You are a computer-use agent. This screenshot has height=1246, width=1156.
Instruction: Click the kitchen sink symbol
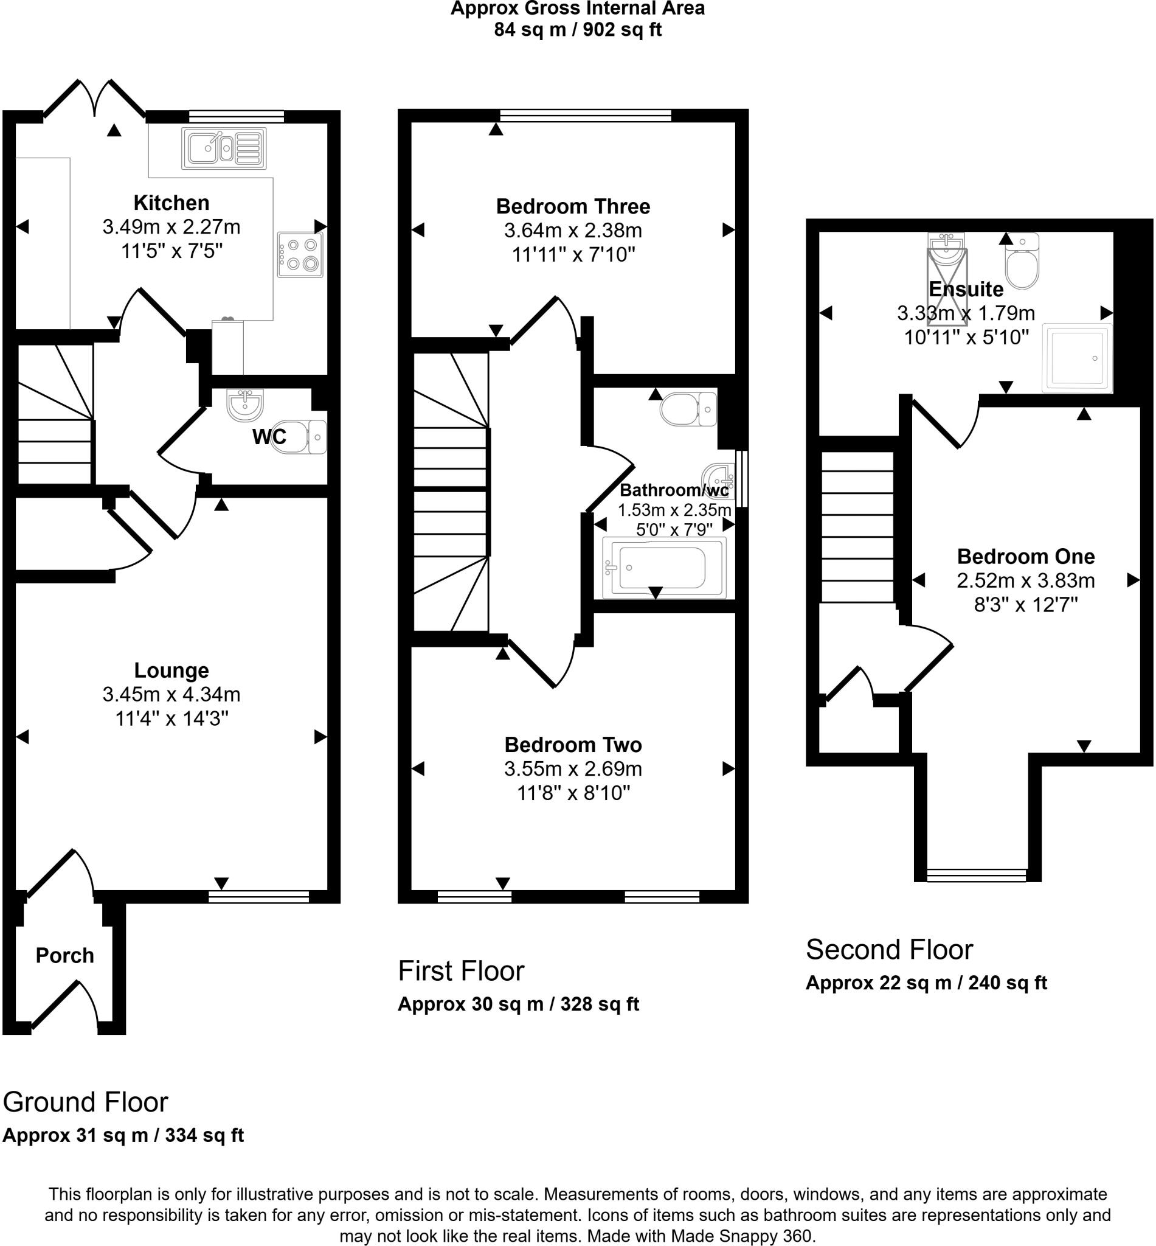(x=223, y=148)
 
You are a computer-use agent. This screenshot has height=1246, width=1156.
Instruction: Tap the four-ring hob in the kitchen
(x=300, y=255)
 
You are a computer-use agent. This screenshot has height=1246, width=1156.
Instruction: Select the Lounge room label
(x=171, y=670)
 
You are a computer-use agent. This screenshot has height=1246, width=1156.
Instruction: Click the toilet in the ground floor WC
(x=300, y=436)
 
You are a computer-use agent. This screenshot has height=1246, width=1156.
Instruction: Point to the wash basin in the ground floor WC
(x=245, y=405)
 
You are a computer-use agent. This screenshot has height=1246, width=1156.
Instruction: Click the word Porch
(x=64, y=956)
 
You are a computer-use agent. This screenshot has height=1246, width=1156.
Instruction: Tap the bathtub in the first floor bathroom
(x=663, y=568)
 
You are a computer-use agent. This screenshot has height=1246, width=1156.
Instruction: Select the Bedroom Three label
(x=573, y=206)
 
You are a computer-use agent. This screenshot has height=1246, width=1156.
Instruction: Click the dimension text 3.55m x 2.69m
(x=573, y=768)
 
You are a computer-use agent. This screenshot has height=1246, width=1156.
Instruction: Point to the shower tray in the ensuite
(x=1076, y=358)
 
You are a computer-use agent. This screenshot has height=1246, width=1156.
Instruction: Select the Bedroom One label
(x=1026, y=556)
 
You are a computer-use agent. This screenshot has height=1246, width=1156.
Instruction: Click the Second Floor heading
(x=889, y=949)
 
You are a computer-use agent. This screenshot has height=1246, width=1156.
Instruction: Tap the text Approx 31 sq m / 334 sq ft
(x=123, y=1135)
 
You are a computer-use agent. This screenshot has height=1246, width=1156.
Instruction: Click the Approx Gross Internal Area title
(x=577, y=9)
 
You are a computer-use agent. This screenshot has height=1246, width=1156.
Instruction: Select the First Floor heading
(x=461, y=970)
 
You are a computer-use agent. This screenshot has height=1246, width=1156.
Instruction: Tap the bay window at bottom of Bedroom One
(x=977, y=874)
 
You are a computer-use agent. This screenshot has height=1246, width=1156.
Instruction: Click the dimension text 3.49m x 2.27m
(x=171, y=226)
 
